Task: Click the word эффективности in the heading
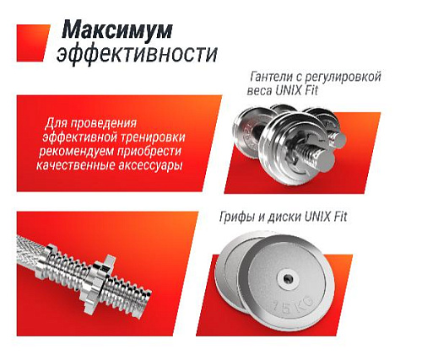tap(137, 56)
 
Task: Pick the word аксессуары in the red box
tap(148, 165)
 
